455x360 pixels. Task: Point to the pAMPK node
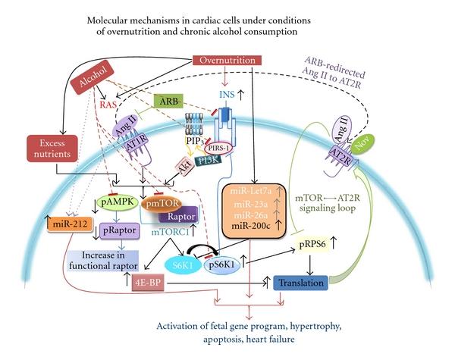[116, 202]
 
